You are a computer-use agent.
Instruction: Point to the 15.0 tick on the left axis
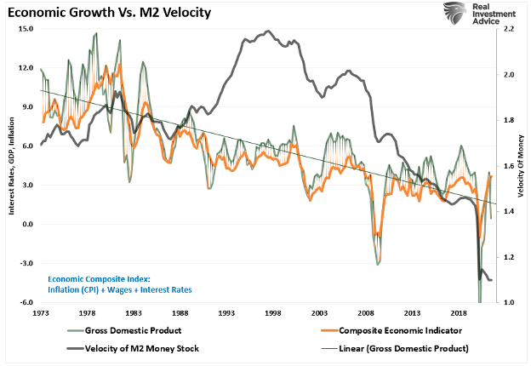(x=26, y=29)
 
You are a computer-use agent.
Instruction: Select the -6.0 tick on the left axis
(x=26, y=303)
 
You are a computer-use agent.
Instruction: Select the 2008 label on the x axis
(x=367, y=314)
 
